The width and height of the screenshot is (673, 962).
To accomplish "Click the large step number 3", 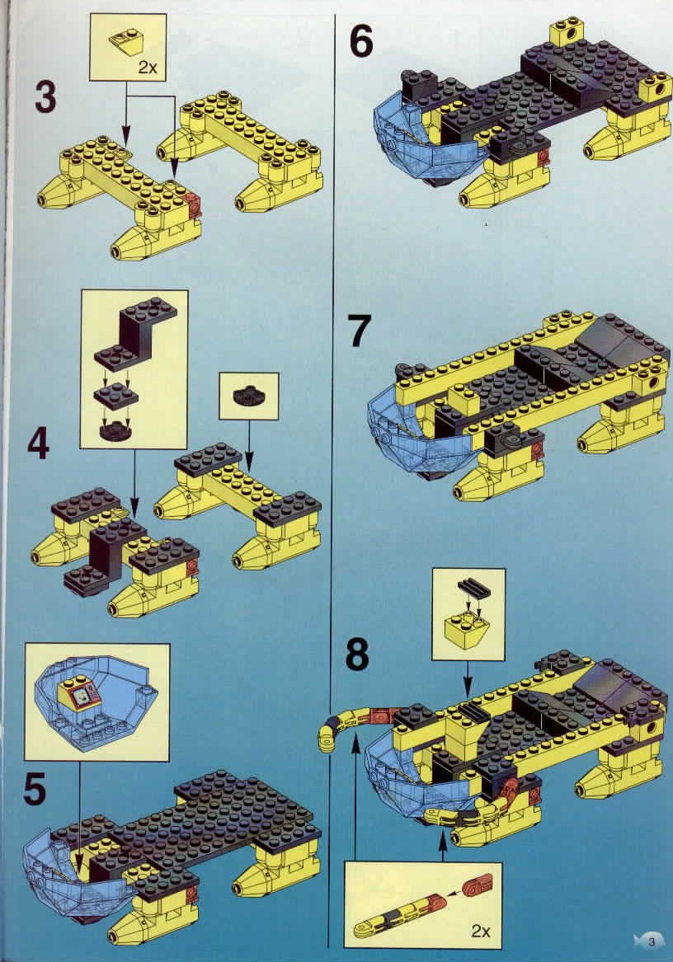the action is tap(45, 97).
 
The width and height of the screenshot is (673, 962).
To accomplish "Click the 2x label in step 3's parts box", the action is tap(148, 67).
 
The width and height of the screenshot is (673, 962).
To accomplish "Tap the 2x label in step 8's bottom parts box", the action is tap(481, 931).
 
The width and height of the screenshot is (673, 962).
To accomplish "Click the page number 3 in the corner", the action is tap(652, 941).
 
